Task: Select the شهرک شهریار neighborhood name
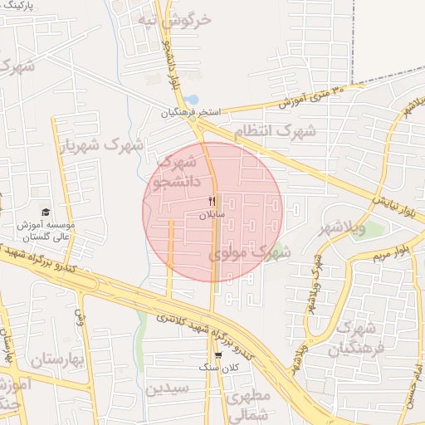coord(100,146)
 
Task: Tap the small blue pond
coord(192,100)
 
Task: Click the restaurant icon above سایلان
coord(212,202)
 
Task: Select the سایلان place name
coord(211,215)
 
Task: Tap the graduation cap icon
coord(45,213)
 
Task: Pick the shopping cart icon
coord(217,354)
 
